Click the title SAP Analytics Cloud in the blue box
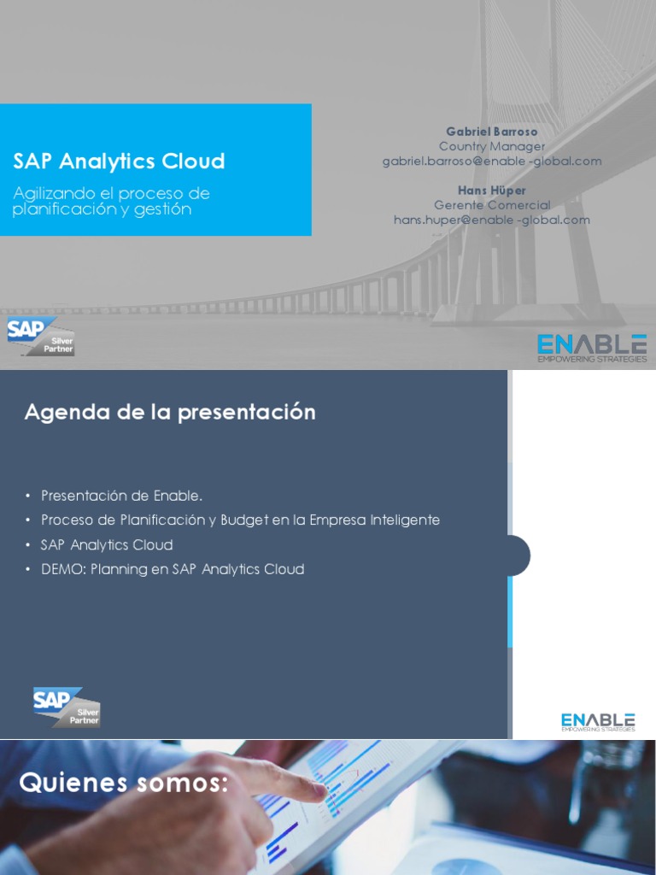[119, 161]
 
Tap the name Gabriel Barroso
[491, 132]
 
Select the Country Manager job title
[491, 146]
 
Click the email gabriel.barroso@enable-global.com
[491, 161]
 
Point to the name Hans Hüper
[491, 190]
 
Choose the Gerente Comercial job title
[491, 205]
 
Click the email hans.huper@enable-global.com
[491, 220]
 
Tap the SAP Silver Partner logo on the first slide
[41, 335]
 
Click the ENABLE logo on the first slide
[591, 347]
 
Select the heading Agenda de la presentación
[170, 412]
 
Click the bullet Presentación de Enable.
[121, 496]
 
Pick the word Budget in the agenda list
[244, 520]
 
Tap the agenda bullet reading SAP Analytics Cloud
[107, 544]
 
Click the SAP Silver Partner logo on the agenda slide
[67, 707]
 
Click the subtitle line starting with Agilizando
[111, 193]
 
